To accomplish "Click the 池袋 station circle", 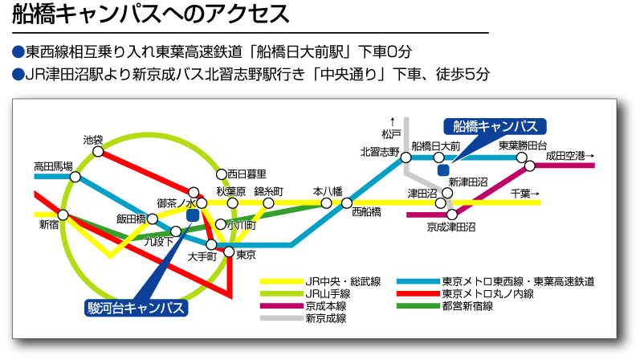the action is [98, 152].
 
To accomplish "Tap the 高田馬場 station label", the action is [53, 166].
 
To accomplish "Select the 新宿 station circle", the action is [63, 215].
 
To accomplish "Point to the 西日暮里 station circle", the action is [221, 174].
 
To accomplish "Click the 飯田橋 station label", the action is [131, 219].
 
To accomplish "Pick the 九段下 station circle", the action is [176, 231].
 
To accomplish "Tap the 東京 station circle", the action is [229, 252].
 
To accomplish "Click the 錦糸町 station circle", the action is [268, 203].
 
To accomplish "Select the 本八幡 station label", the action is [328, 191].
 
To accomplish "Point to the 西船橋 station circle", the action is [347, 202].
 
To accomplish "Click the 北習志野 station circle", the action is [406, 157].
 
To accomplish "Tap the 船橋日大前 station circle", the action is [438, 157].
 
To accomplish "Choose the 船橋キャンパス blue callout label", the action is [495, 127].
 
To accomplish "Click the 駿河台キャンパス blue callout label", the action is [137, 308].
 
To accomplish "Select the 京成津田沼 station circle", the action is [452, 214].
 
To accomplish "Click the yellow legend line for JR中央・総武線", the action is [282, 281].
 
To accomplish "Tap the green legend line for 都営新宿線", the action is [418, 305].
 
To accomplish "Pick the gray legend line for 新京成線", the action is [282, 318].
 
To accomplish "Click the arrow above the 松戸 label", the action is [393, 122].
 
